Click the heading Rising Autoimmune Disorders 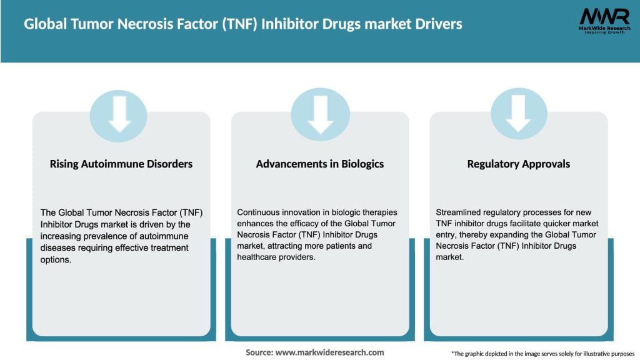point(121,164)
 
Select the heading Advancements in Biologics point(320,164)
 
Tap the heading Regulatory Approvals point(519,164)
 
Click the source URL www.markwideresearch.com point(329,352)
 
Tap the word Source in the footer point(258,352)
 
